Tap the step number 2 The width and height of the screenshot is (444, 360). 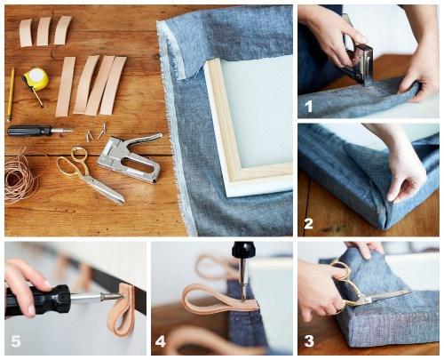308,223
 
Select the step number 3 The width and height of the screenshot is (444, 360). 308,340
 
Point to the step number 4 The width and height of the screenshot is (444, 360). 161,340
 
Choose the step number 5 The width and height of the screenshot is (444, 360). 15,340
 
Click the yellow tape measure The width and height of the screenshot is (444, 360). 36,79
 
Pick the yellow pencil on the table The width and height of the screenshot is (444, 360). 11,94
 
